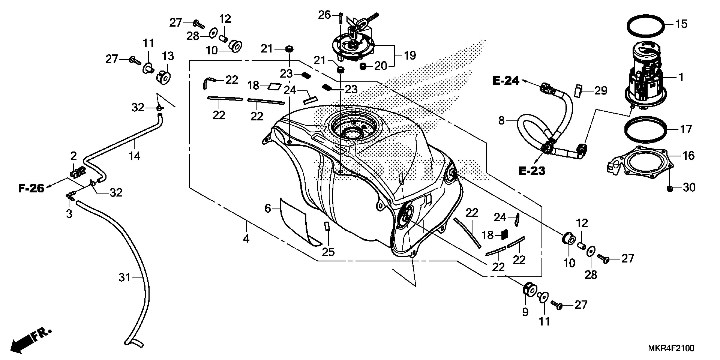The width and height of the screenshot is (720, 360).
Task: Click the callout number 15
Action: tap(681, 24)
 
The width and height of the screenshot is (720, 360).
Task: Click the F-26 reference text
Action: tap(31, 188)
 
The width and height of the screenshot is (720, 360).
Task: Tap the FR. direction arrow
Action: tap(31, 341)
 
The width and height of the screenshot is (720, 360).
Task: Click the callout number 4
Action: tap(246, 238)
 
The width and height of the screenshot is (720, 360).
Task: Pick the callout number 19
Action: tap(410, 56)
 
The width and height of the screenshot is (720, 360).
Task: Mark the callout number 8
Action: tap(501, 120)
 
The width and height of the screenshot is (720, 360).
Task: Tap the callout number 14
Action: tap(134, 156)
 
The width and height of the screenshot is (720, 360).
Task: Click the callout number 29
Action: tap(601, 91)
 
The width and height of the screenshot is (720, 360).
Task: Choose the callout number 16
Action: tap(688, 155)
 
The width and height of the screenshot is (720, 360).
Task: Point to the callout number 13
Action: tap(168, 56)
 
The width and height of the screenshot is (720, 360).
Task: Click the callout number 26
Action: tap(324, 15)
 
